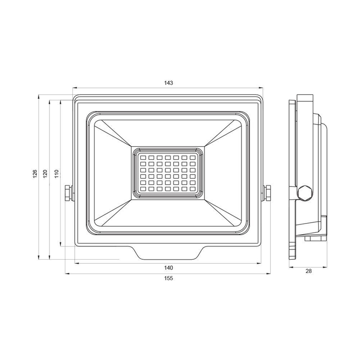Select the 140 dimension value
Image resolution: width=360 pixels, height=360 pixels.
pos(168,268)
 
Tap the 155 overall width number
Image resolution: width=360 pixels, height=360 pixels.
pos(168,278)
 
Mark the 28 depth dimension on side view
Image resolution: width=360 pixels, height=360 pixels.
pos(309,271)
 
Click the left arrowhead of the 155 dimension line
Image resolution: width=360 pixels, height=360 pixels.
pos(66,274)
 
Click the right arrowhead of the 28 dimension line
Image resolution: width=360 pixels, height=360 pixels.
pos(327,267)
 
